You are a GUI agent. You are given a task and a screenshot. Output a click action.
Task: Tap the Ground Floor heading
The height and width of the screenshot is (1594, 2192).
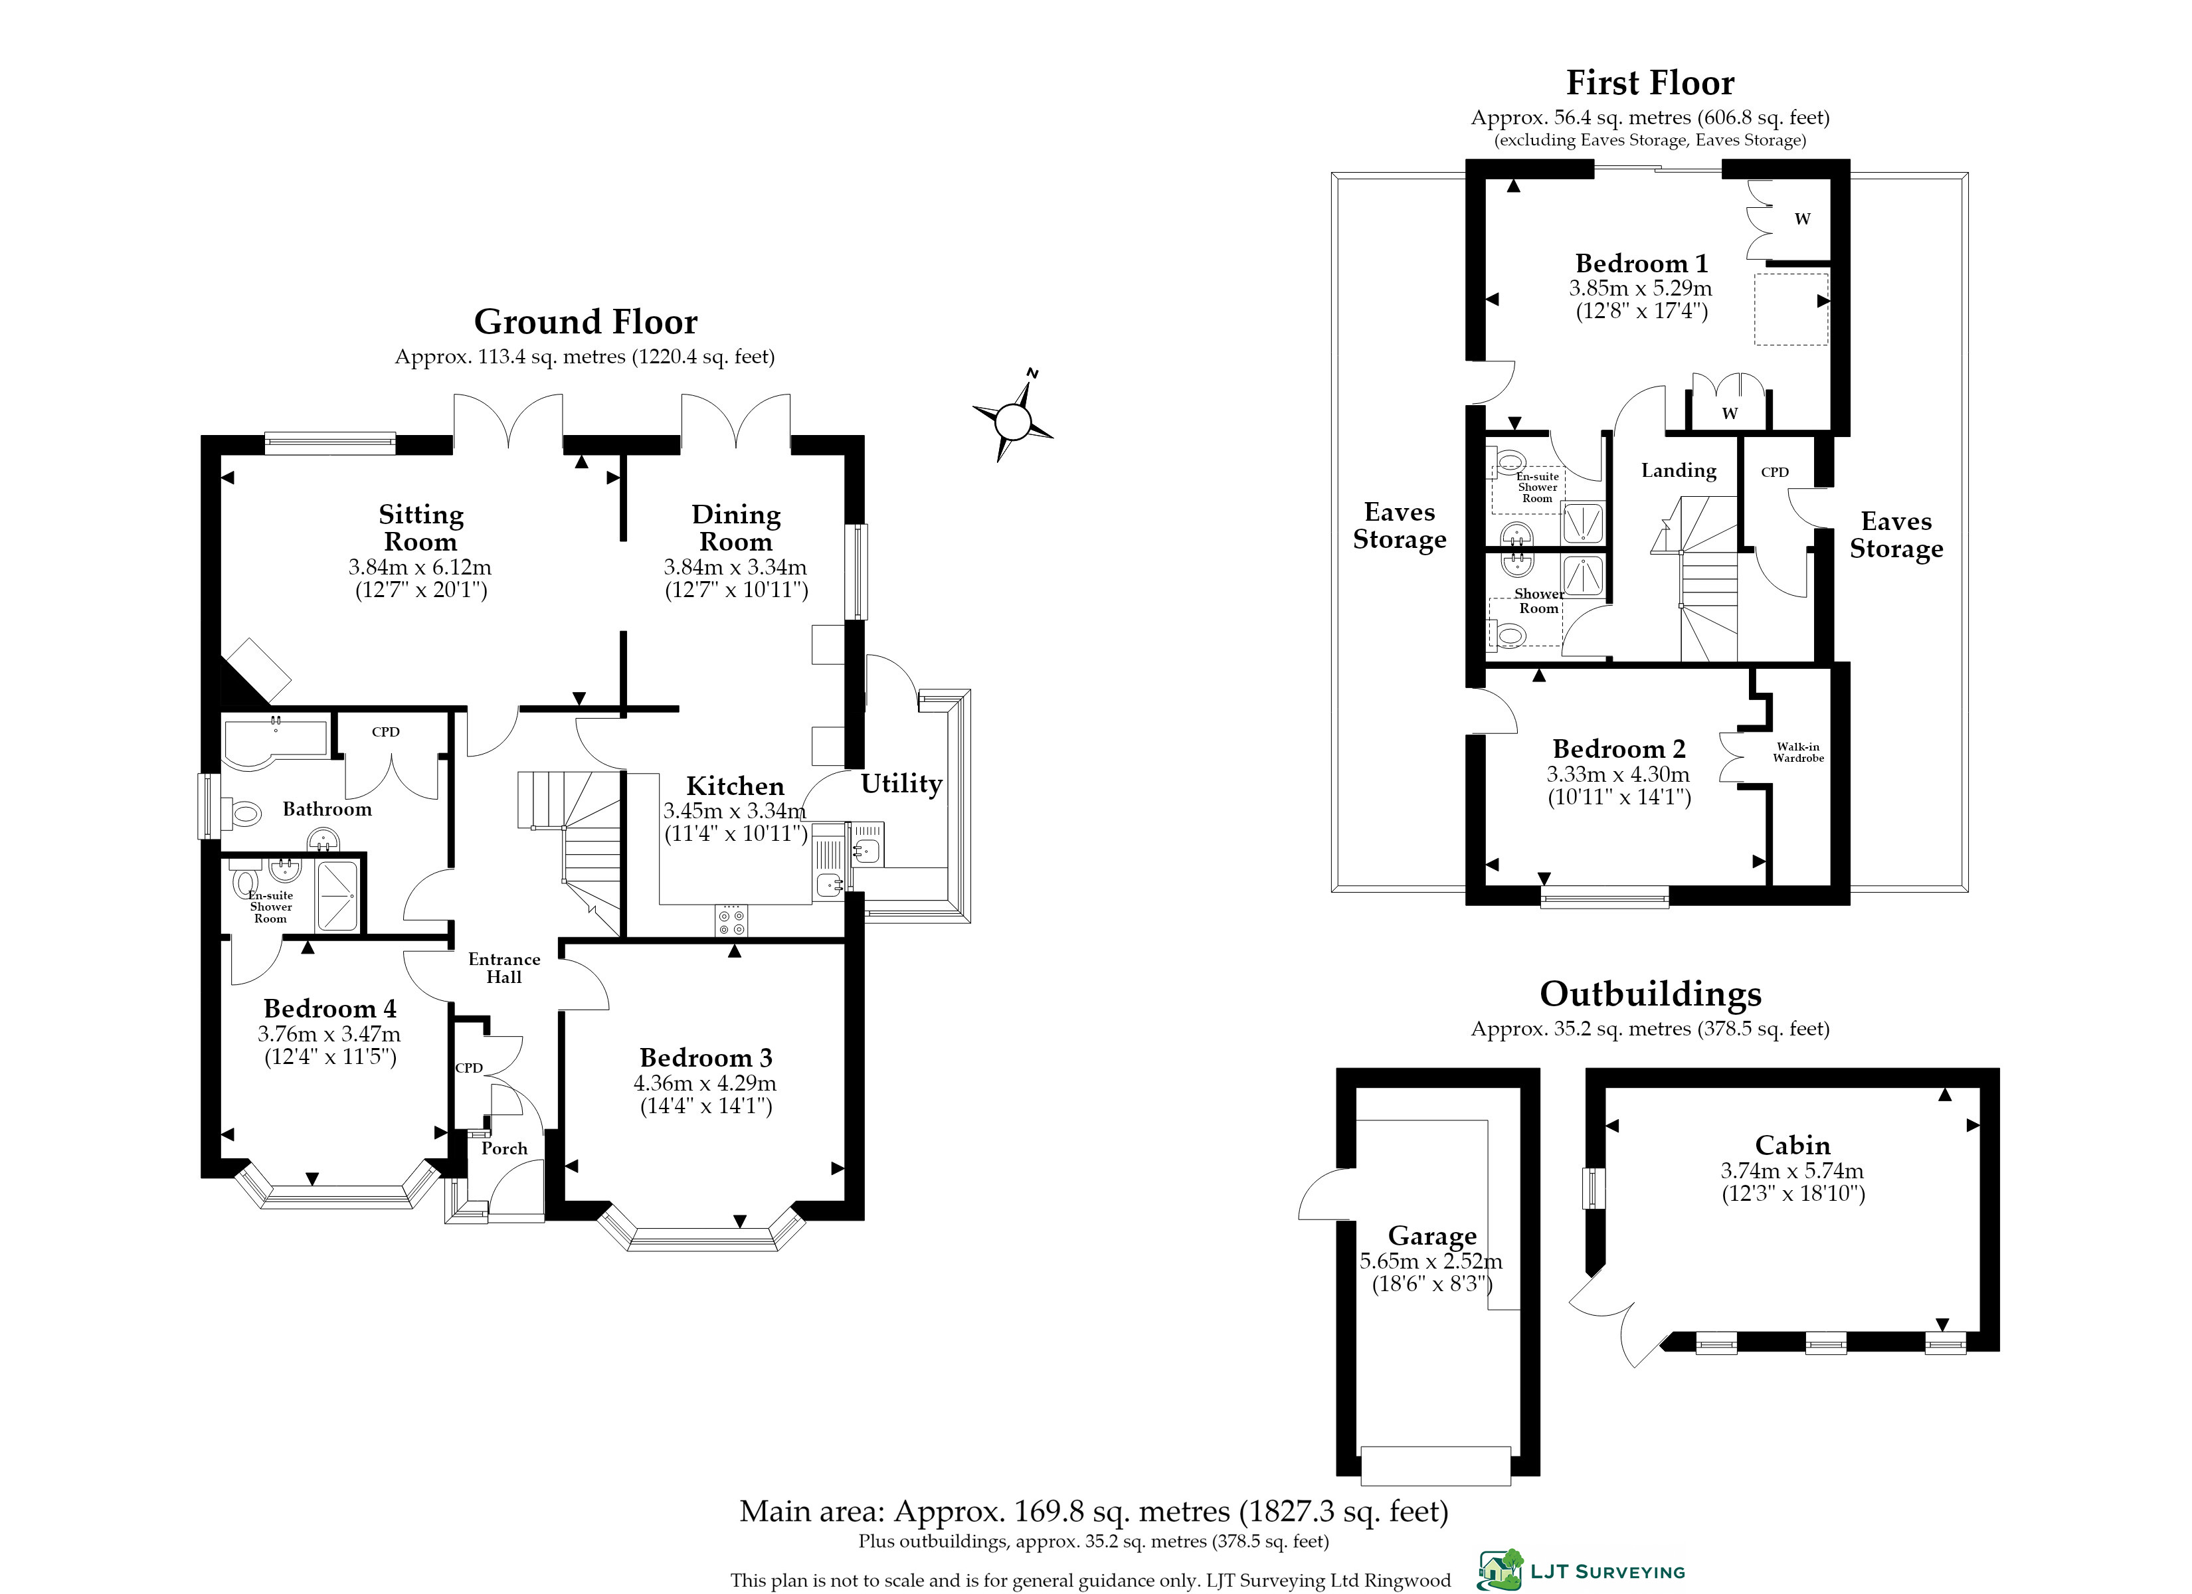(586, 322)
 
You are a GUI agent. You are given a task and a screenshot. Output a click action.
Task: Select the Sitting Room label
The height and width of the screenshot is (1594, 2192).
(421, 528)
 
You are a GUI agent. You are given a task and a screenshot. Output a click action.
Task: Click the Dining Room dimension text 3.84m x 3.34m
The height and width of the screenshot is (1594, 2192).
(735, 567)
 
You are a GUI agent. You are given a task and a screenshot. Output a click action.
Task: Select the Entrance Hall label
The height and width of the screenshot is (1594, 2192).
(503, 968)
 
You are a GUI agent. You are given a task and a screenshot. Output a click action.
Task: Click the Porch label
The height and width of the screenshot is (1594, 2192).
(505, 1148)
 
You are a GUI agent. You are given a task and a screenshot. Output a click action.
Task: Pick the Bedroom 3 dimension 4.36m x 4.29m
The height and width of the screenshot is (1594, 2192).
(705, 1083)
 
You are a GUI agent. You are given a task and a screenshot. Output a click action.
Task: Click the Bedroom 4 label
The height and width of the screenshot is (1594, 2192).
(329, 1008)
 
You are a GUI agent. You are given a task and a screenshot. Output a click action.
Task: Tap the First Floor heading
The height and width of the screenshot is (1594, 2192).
(1650, 83)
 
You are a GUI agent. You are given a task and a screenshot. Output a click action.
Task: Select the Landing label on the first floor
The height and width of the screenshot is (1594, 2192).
(1679, 471)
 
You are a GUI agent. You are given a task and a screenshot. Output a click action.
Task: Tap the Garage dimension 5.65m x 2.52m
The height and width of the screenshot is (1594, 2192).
(1431, 1261)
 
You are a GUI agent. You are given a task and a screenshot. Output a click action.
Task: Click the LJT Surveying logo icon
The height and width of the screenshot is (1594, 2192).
(1500, 1570)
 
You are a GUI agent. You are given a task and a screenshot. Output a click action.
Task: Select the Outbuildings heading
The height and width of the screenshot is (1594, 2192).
(1650, 994)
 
